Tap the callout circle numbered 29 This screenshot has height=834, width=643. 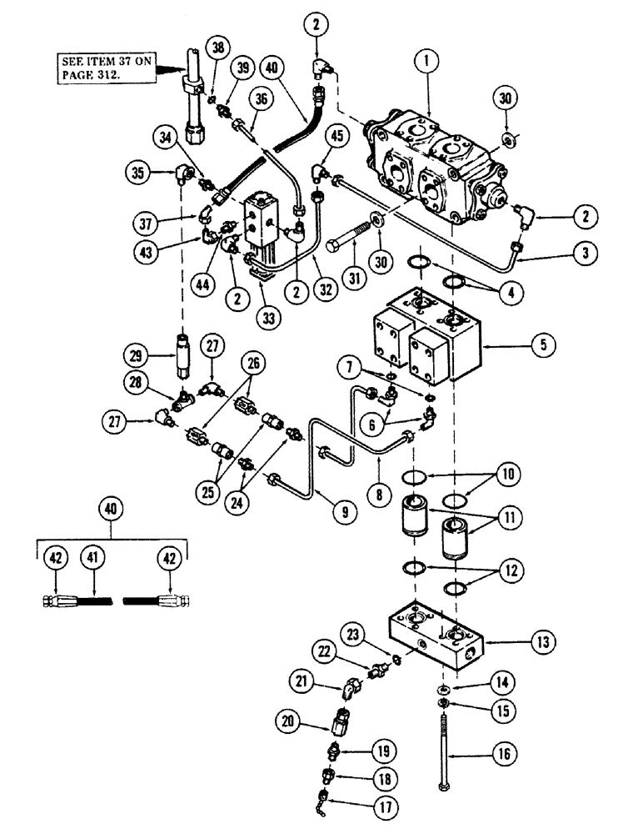pyautogui.click(x=152, y=356)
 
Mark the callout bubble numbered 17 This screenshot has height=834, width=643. pyautogui.click(x=363, y=807)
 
